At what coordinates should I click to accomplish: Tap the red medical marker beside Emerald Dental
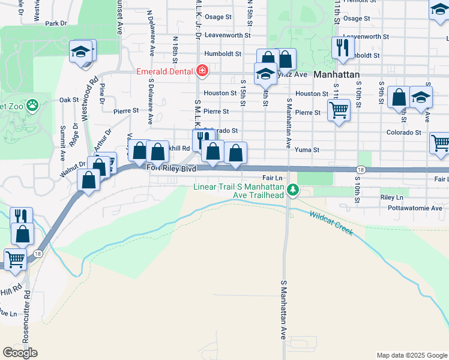(x=202, y=71)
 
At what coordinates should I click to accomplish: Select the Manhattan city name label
(x=336, y=74)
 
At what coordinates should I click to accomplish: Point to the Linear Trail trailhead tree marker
(x=292, y=190)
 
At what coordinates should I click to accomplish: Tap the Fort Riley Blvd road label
(x=172, y=170)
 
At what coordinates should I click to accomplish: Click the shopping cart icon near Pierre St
(x=339, y=110)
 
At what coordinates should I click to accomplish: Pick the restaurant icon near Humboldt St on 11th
(x=342, y=47)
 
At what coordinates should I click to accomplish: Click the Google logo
(x=20, y=353)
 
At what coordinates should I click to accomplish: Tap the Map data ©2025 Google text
(x=412, y=355)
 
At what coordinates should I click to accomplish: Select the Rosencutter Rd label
(x=26, y=317)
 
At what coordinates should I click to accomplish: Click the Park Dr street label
(x=55, y=23)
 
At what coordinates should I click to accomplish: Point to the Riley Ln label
(x=391, y=197)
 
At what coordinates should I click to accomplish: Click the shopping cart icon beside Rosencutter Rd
(x=15, y=260)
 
